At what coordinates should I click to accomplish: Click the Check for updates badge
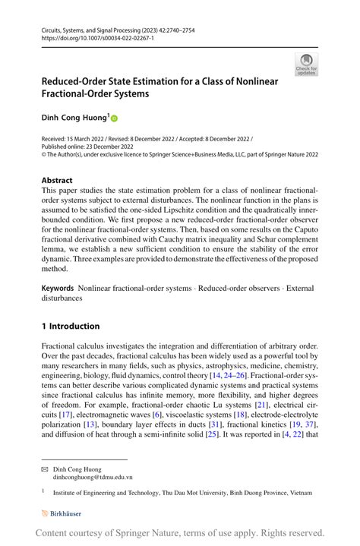click(307, 65)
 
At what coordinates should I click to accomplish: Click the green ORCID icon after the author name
click(115, 118)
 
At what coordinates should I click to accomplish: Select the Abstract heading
click(58, 180)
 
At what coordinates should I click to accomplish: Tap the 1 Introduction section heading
click(71, 326)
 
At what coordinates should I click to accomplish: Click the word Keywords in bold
click(58, 289)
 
